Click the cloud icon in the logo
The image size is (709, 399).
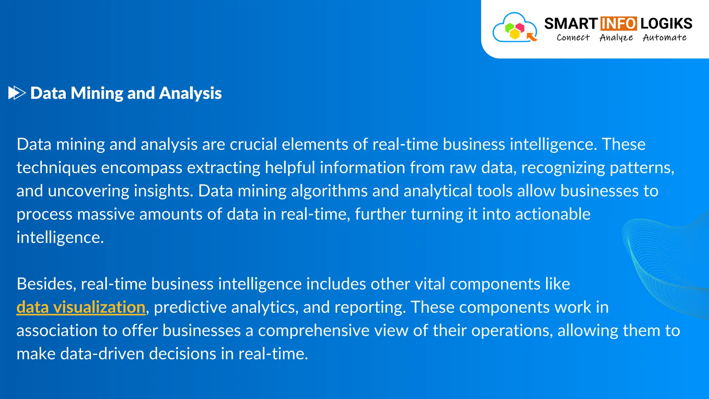514,28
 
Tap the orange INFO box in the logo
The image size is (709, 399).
618,24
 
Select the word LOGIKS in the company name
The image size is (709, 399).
666,24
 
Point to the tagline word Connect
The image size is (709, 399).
573,37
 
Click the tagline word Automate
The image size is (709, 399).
664,37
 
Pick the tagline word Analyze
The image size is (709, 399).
616,37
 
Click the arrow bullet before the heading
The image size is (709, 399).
17,93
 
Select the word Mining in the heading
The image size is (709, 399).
97,93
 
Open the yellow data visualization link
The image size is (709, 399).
81,307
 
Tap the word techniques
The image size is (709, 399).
56,168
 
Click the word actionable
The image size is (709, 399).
553,214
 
